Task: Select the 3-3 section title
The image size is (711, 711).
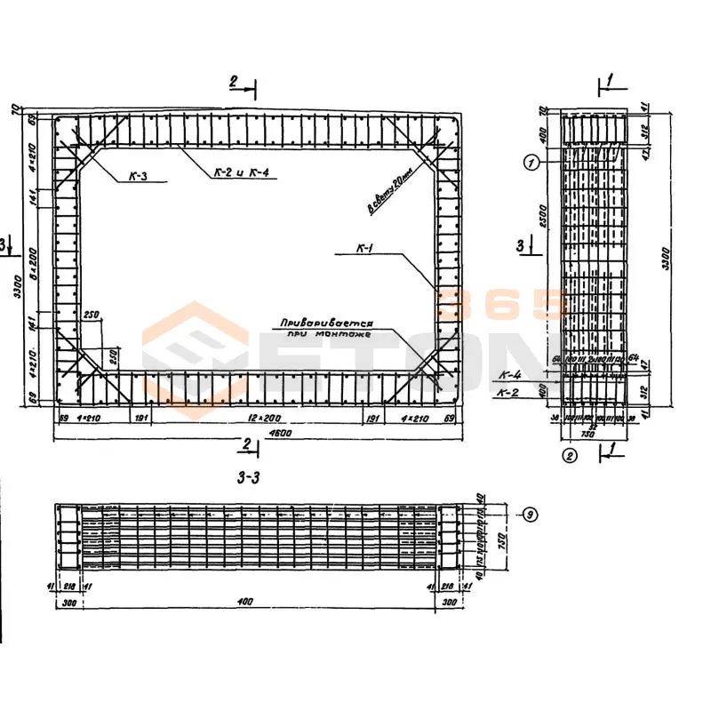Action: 249,478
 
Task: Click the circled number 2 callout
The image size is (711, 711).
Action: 570,457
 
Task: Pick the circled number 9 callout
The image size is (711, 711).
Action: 530,514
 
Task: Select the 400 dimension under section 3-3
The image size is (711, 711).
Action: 246,602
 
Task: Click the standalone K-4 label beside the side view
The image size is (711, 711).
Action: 509,376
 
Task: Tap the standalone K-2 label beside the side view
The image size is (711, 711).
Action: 509,392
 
